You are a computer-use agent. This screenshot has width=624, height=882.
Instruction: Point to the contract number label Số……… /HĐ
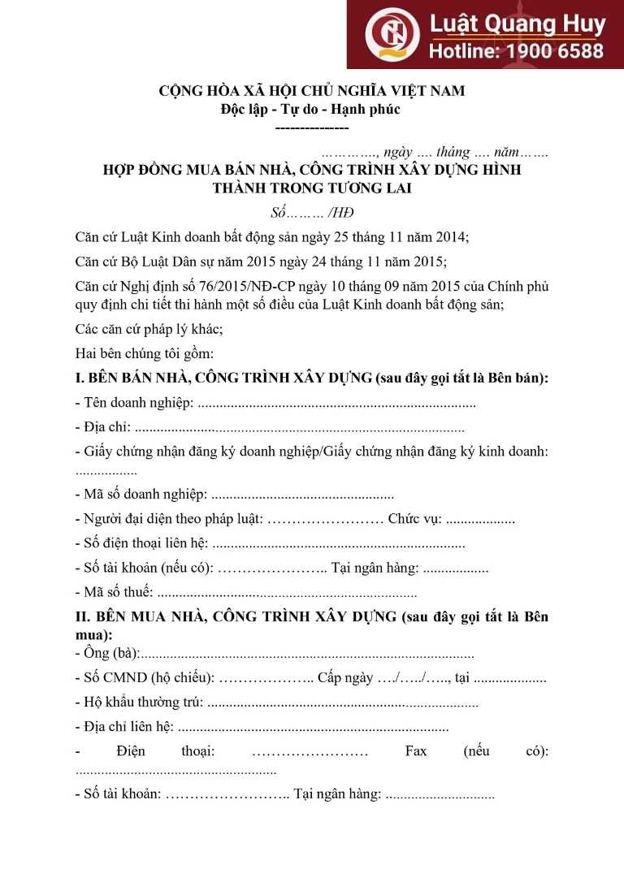click(311, 214)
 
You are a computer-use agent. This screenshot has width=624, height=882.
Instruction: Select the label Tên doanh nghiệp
click(138, 403)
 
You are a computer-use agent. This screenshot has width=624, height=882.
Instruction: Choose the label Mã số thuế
click(117, 591)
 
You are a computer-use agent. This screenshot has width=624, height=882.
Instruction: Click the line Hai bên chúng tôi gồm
click(144, 353)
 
